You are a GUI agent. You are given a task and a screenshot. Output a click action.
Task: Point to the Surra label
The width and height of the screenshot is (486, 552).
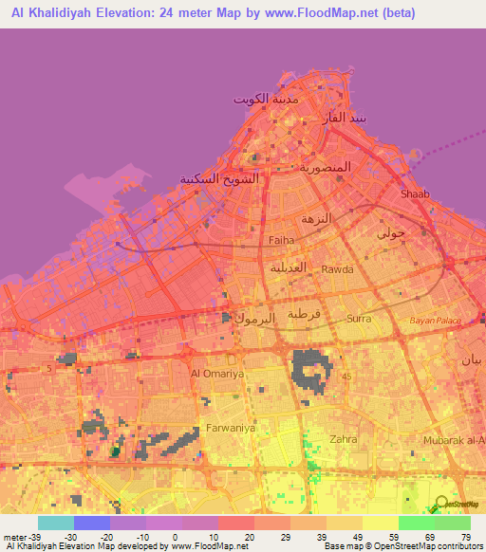(360, 319)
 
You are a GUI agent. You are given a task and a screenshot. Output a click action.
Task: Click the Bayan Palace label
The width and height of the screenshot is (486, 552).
(434, 322)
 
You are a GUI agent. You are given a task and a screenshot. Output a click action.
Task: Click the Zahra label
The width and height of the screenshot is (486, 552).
(342, 439)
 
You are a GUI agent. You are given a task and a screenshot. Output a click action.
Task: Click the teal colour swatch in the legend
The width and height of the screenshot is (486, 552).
(56, 523)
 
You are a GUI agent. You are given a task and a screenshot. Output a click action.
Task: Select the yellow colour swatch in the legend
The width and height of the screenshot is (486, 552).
(380, 523)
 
